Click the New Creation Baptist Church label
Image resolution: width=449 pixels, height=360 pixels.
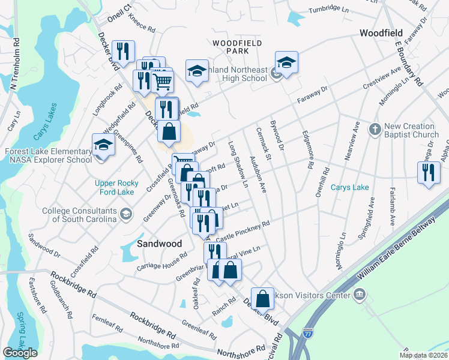410,130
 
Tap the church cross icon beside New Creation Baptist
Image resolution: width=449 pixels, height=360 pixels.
375,128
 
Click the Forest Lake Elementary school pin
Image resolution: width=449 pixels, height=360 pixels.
103,146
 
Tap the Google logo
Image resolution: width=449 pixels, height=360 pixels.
20,353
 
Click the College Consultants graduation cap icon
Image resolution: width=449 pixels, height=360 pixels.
126,214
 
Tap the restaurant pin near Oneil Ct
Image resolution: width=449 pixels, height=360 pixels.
123,52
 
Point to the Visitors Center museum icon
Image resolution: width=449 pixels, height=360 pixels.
360,294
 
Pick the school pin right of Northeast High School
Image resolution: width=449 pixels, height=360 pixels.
287,63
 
